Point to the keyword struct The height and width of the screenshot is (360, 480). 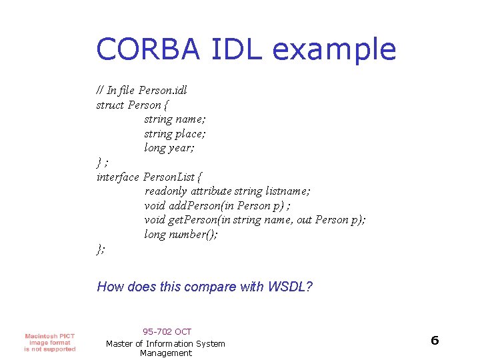point(110,105)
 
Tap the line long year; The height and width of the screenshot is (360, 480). point(169,148)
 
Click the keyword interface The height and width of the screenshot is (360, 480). point(118,177)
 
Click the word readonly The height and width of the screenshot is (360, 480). point(167,191)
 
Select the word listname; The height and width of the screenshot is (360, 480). point(288,191)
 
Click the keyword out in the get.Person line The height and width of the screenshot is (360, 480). point(304,220)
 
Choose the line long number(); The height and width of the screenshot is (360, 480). point(181,235)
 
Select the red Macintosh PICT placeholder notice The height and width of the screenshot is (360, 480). point(50,342)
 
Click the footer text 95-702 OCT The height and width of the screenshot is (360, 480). point(167,331)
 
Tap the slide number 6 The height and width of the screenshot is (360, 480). point(435,341)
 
